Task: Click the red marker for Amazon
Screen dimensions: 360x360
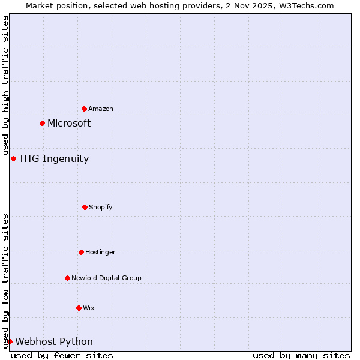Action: pos(84,109)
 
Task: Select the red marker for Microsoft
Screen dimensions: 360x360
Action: pos(42,123)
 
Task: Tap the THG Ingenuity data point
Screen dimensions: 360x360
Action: pos(13,158)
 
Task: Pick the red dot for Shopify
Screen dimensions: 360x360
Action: pos(85,207)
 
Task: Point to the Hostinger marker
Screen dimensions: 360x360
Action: pos(81,252)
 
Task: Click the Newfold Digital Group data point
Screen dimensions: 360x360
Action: pos(67,278)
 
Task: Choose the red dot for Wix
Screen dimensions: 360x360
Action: pos(79,308)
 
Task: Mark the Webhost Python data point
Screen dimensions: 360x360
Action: pos(10,341)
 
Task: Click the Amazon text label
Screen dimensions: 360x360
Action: pos(101,109)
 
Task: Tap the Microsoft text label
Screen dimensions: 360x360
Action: pos(69,123)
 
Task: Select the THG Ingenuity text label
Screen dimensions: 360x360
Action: pos(53,158)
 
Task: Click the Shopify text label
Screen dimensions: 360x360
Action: pos(101,207)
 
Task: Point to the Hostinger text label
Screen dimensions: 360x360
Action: pos(100,252)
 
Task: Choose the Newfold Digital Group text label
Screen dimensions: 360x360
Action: pos(106,278)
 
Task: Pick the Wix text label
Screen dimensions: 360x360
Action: pos(89,308)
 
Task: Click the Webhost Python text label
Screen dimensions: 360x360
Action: pos(54,341)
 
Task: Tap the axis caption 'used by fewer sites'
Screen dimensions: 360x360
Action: pos(62,355)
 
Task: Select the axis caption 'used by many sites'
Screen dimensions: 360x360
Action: pos(301,355)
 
